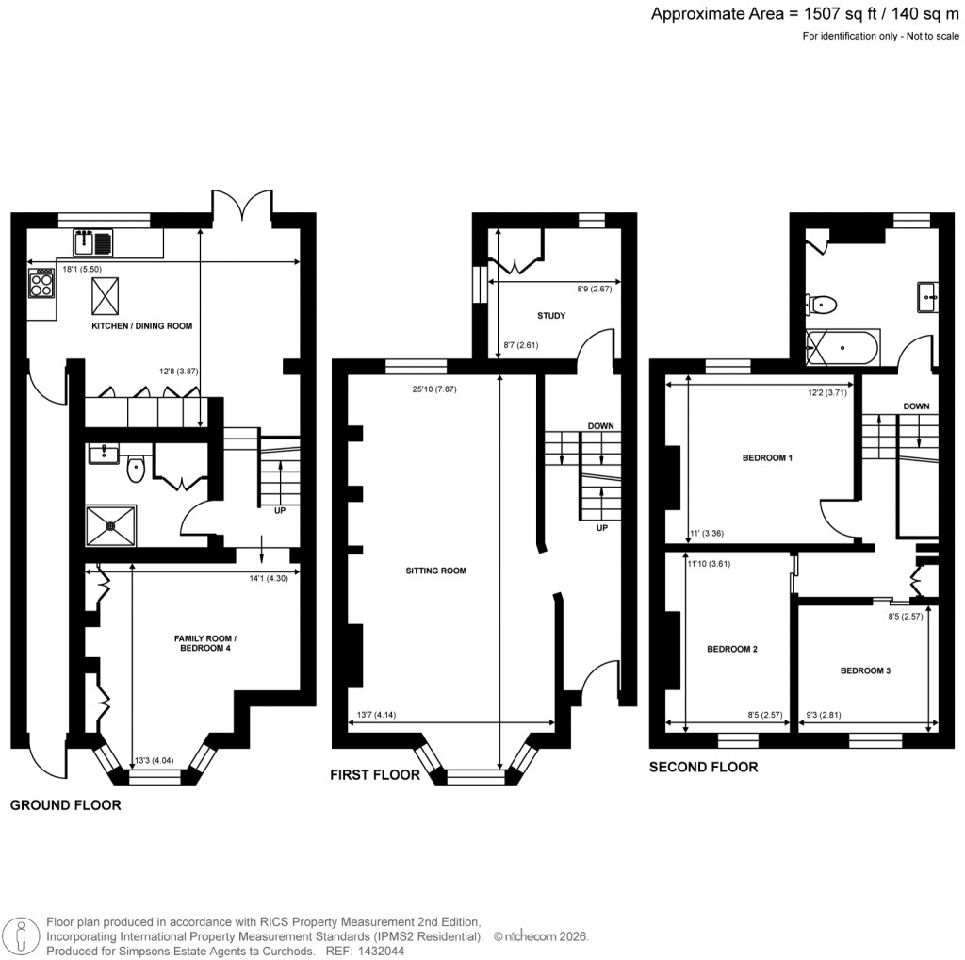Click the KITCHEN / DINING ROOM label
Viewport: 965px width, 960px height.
click(x=141, y=326)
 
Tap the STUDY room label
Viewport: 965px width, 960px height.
click(x=551, y=315)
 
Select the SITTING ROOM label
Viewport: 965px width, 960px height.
click(x=436, y=571)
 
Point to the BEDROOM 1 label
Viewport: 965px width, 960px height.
click(x=768, y=458)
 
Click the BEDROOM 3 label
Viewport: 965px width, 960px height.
click(x=865, y=670)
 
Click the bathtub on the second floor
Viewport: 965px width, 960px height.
click(x=842, y=349)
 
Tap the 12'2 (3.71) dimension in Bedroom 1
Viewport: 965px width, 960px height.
click(x=826, y=392)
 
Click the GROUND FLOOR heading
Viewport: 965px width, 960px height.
click(x=65, y=805)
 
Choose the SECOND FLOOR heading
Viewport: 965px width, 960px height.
click(x=703, y=767)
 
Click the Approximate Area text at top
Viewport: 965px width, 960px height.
click(x=806, y=14)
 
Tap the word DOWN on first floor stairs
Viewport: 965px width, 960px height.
click(x=600, y=426)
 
